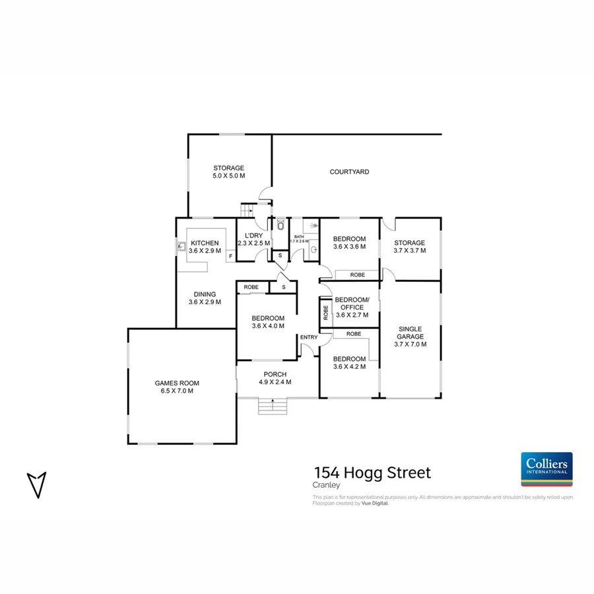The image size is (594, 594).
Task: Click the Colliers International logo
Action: tap(546, 469)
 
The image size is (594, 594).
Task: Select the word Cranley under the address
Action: tap(325, 486)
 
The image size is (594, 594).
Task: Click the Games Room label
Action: tap(177, 383)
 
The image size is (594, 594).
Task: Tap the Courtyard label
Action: tap(349, 172)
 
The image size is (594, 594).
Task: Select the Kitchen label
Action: tap(205, 243)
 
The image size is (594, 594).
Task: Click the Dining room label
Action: tap(205, 294)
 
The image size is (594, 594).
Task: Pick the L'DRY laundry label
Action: tap(254, 236)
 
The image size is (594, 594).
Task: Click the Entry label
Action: tap(308, 337)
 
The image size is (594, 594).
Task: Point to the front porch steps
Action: tap(273, 406)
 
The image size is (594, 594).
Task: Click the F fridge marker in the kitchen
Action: tap(230, 255)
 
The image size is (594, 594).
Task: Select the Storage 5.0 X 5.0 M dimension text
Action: tap(228, 176)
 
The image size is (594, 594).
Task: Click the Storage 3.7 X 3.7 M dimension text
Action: tap(410, 251)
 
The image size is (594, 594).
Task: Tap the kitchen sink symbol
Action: tap(181, 248)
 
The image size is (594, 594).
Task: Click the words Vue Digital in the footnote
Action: tap(375, 503)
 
